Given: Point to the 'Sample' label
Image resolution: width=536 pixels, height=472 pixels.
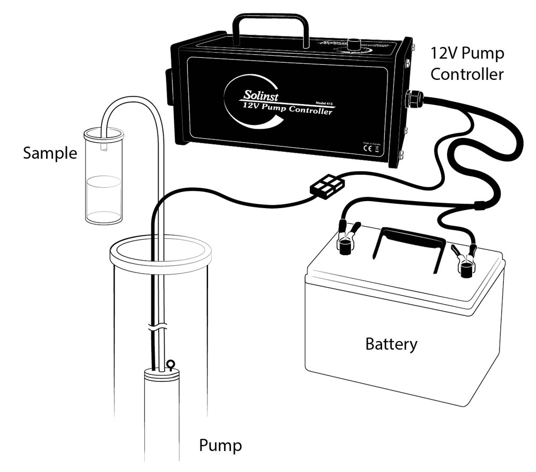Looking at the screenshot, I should (x=50, y=154).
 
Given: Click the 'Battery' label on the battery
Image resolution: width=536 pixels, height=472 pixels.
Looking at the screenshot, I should (x=391, y=343).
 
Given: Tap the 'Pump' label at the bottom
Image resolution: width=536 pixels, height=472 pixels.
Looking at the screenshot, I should (x=220, y=445).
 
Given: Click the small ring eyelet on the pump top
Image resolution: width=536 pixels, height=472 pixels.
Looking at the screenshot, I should (x=172, y=365).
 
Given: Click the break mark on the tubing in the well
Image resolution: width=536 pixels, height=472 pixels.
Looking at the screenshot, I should (x=157, y=325).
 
